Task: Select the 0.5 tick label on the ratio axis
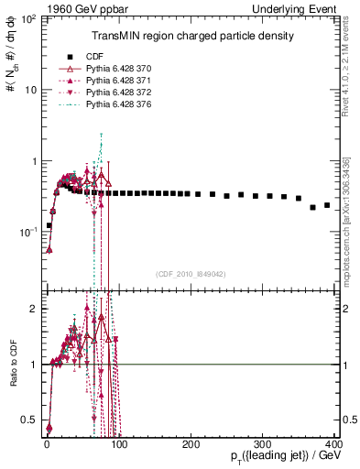pos(29,420)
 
